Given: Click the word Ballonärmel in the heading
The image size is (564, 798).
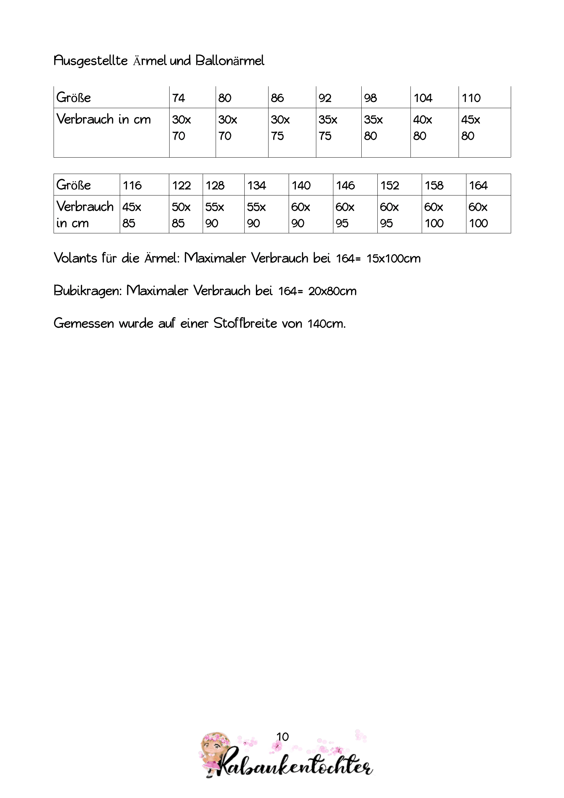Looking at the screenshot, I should (230, 61).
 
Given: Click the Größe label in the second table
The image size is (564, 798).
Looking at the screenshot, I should (74, 185).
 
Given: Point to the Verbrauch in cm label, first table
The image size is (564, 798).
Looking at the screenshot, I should (104, 119).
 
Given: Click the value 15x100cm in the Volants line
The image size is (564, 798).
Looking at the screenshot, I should (393, 259).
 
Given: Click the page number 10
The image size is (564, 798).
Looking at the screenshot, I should (283, 737).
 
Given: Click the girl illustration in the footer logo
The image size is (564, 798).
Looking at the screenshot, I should (213, 753).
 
